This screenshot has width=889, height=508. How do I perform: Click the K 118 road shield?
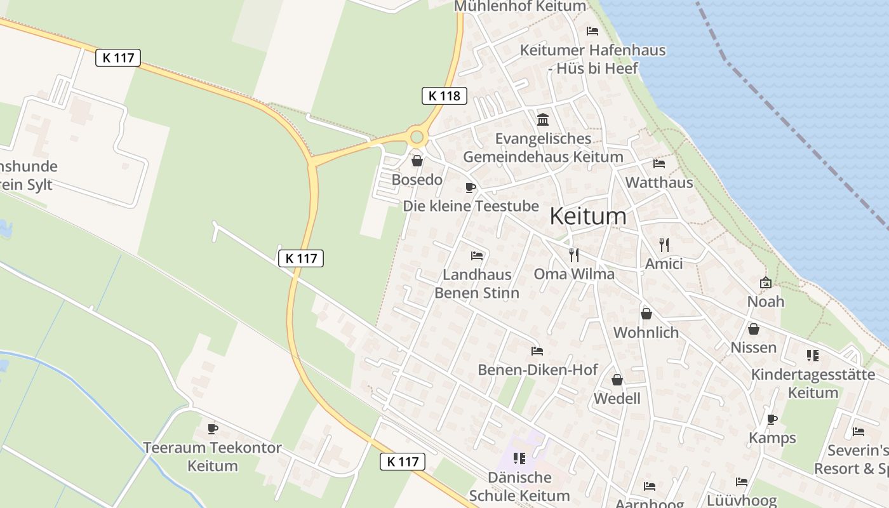444,96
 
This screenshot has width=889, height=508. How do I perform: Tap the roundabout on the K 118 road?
417,137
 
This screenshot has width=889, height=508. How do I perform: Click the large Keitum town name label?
587,217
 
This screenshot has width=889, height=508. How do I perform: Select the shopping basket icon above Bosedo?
417,161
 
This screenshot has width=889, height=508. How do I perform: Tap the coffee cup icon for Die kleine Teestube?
470,187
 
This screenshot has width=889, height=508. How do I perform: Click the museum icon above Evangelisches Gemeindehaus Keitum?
543,119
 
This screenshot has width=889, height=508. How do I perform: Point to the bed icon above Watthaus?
658,164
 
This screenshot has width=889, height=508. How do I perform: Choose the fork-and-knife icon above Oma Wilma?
574,255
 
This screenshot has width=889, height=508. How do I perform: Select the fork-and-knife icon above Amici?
664,244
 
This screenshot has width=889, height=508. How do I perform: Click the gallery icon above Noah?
765,283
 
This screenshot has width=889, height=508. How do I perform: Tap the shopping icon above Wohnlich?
646,314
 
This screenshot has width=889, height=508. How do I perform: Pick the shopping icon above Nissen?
754,329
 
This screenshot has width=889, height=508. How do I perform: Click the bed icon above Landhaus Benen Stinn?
477,256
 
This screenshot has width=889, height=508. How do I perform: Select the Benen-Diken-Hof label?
537,370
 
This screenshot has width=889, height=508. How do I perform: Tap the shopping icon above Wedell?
617,380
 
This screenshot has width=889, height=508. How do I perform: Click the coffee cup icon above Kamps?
772,419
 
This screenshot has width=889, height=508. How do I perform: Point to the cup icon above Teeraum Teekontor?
213,429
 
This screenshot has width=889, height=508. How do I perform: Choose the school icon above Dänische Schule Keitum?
519,458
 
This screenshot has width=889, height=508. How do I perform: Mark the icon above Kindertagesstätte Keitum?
813,356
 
